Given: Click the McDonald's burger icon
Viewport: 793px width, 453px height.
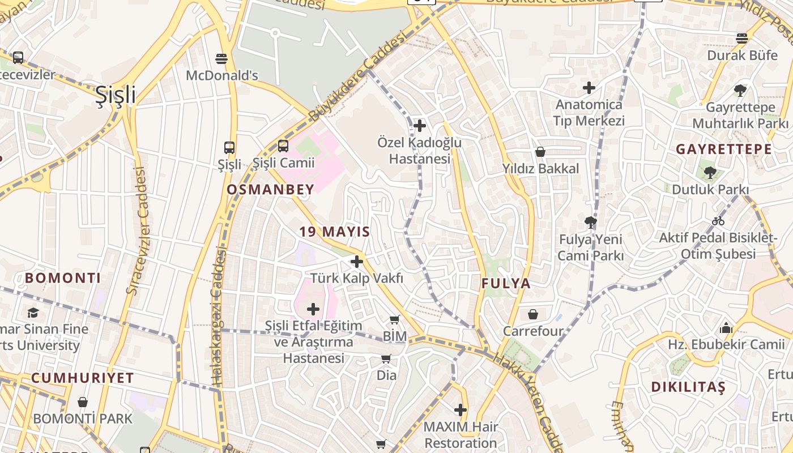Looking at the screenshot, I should [221, 59].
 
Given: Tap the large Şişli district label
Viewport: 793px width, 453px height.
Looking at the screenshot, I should [116, 95].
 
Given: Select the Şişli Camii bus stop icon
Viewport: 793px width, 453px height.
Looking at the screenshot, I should [283, 146].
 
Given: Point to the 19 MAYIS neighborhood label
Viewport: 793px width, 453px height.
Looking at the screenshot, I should [335, 232].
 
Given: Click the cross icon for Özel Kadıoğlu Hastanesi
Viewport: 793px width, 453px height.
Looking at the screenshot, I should [420, 126].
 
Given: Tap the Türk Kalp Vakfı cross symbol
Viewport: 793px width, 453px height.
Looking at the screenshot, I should [357, 262].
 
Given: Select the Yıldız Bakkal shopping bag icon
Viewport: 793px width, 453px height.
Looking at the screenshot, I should [540, 152].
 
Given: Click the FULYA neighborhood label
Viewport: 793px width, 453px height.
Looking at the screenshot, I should [506, 284].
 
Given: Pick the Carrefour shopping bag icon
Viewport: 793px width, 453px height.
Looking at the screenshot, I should [533, 314].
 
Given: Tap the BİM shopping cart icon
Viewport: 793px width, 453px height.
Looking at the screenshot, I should [395, 320].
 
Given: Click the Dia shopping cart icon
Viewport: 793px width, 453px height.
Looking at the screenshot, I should [386, 358].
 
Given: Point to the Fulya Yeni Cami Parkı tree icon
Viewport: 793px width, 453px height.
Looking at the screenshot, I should [591, 222].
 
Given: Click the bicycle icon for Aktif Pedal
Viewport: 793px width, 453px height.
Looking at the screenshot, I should [718, 221].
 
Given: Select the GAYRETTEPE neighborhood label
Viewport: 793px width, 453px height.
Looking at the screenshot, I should [724, 149].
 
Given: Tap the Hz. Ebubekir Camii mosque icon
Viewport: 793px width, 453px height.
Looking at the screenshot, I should [726, 328].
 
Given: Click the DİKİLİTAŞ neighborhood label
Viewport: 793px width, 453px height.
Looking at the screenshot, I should [688, 387].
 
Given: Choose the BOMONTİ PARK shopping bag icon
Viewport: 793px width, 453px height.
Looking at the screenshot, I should [83, 402].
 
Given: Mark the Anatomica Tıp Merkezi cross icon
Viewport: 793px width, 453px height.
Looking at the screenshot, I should [589, 88].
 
